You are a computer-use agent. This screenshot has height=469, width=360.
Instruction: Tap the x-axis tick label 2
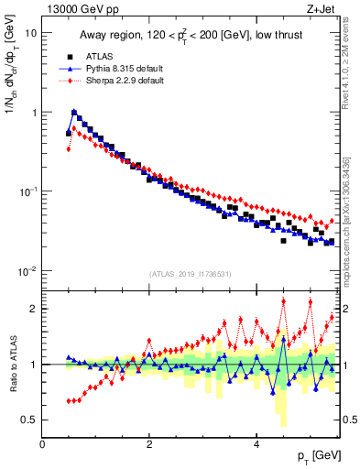[x=149, y=444]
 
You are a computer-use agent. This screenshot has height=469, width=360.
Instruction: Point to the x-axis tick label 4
[x=256, y=444]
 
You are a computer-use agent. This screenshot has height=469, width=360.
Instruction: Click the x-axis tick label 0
[x=42, y=444]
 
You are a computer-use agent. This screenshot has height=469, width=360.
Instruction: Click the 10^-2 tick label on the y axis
[x=27, y=270]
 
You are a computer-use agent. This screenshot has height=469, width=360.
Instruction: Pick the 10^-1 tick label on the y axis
[x=27, y=191]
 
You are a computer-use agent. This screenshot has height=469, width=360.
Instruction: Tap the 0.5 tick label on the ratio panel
[x=27, y=420]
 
